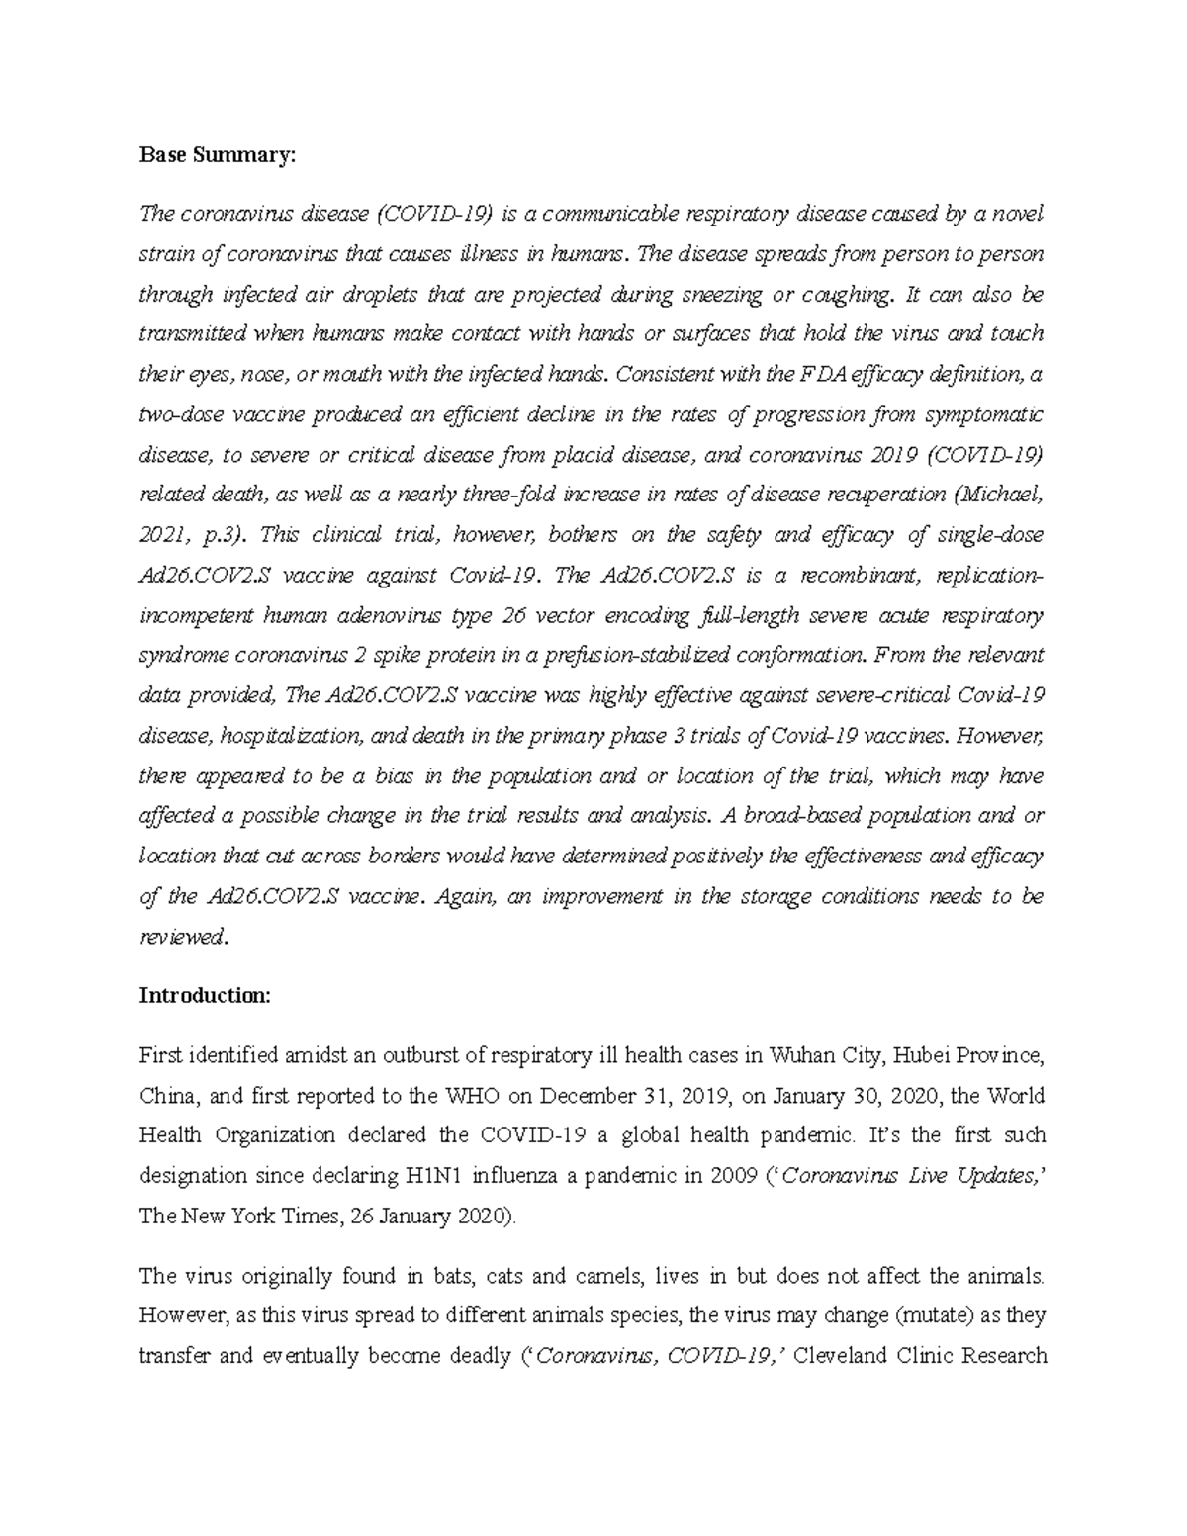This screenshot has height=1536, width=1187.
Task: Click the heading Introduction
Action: [x=204, y=996]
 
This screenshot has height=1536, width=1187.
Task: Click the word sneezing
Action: [x=726, y=295]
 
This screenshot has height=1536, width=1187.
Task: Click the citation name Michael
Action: [x=1003, y=495]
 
